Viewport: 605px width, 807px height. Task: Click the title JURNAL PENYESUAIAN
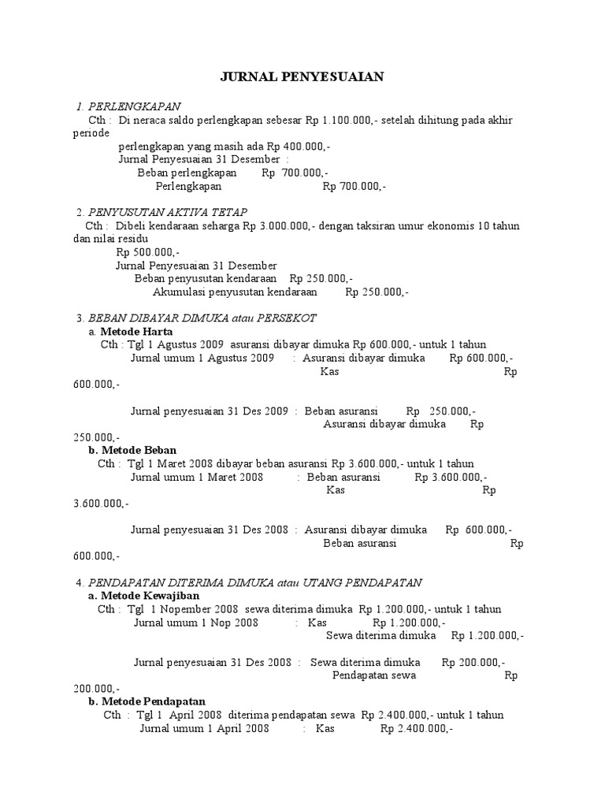coord(300,76)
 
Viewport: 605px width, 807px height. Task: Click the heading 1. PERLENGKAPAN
coord(128,106)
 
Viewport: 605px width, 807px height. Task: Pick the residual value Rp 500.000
coord(147,252)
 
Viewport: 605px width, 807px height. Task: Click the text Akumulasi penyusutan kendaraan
coord(235,292)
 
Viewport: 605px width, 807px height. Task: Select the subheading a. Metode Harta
coord(131,332)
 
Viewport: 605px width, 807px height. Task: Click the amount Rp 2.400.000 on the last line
coord(416,729)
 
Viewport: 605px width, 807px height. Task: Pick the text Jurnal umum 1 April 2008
coord(205,729)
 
